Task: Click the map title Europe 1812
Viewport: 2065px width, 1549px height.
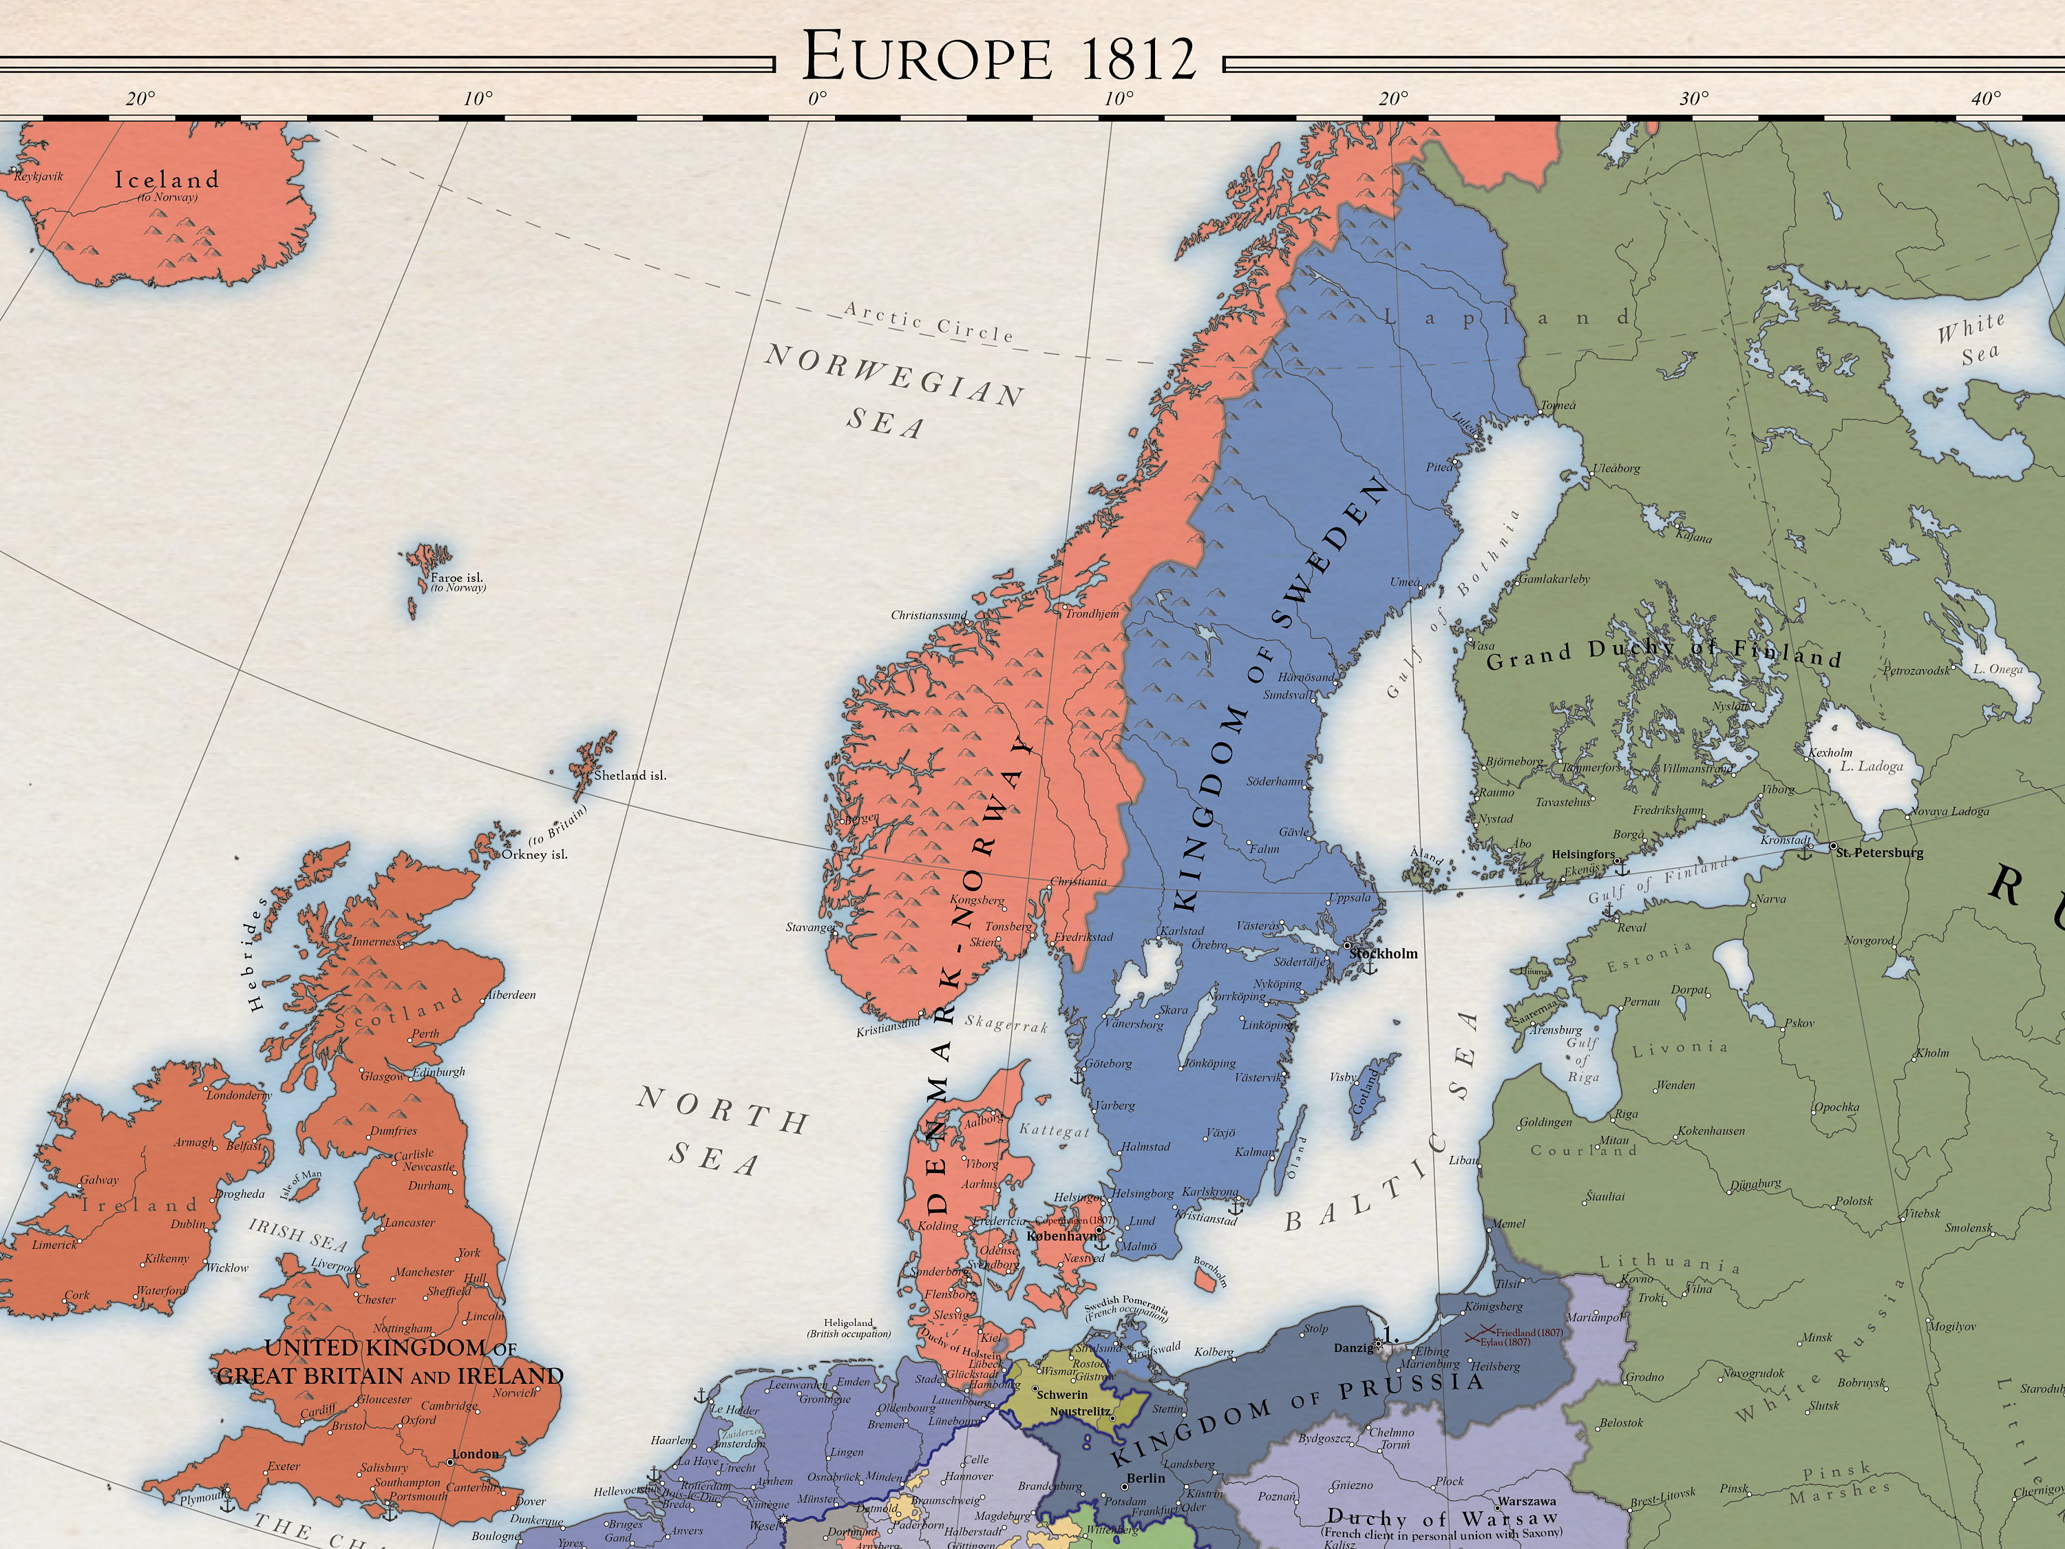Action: click(998, 58)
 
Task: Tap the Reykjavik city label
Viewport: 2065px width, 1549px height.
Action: click(39, 176)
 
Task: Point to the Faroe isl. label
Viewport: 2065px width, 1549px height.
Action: click(456, 578)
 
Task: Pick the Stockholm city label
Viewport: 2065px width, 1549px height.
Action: click(1384, 953)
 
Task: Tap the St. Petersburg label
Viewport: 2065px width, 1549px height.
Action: click(1879, 852)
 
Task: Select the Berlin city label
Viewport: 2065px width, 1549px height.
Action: click(1145, 1478)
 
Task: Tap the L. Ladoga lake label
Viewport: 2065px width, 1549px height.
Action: click(1871, 766)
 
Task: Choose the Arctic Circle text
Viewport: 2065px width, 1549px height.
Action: click(928, 322)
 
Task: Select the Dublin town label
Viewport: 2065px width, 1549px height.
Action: click(188, 1224)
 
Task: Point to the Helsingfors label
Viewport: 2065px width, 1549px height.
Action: click(1582, 854)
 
